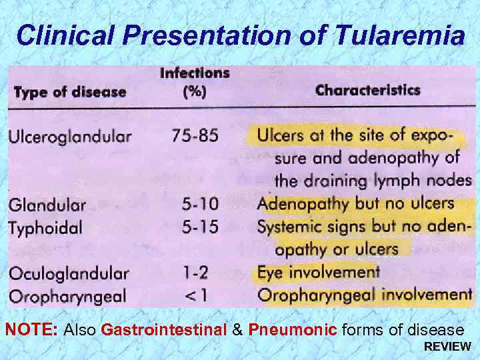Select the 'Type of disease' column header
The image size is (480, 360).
(69, 92)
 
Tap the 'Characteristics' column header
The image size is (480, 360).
(367, 90)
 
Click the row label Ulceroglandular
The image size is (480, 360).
(69, 137)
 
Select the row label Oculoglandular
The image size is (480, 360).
(68, 273)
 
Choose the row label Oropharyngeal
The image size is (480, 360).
(67, 296)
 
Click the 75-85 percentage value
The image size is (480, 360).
(195, 136)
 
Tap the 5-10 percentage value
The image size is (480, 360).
(201, 203)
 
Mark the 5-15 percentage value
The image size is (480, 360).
(201, 227)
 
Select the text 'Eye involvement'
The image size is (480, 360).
(318, 272)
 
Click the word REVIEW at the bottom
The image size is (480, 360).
(447, 347)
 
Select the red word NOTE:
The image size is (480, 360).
(32, 329)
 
